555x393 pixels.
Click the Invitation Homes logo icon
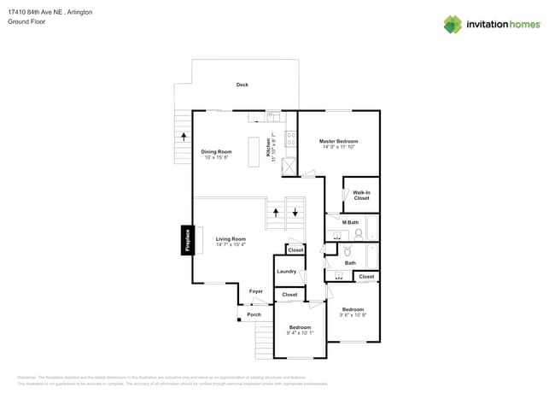pyautogui.click(x=453, y=24)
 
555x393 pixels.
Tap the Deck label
pyautogui.click(x=242, y=85)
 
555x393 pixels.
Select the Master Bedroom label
pyautogui.click(x=338, y=141)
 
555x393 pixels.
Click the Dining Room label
pyautogui.click(x=217, y=151)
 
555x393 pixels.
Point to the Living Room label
pyautogui.click(x=231, y=238)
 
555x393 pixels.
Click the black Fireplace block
pyautogui.click(x=186, y=240)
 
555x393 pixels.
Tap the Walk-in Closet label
pyautogui.click(x=361, y=195)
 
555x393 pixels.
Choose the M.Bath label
pyautogui.click(x=351, y=222)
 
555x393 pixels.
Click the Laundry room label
pyautogui.click(x=286, y=271)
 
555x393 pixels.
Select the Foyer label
pyautogui.click(x=256, y=291)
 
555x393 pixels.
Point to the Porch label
pyautogui.click(x=254, y=314)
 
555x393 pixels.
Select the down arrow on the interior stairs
pyautogui.click(x=295, y=212)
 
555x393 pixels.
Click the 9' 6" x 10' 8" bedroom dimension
pyautogui.click(x=353, y=314)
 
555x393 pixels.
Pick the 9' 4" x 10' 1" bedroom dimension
pyautogui.click(x=300, y=332)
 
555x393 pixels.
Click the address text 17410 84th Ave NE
pyautogui.click(x=36, y=12)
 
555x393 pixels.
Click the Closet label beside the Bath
pyautogui.click(x=366, y=276)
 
